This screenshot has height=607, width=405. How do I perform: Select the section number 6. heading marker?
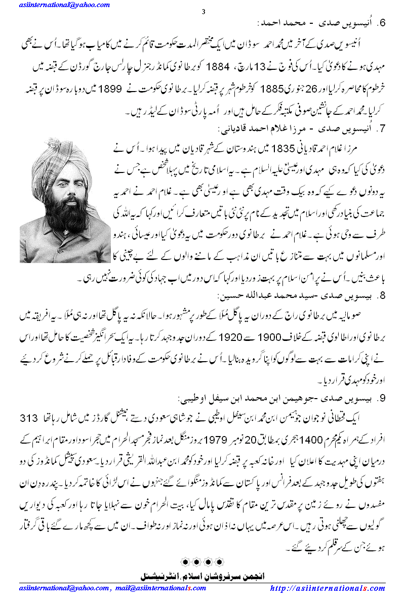tap(384, 23)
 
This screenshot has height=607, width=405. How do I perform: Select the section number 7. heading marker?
tap(384, 129)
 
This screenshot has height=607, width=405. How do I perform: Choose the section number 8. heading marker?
tap(384, 294)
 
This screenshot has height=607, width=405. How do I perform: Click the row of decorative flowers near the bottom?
tap(202, 563)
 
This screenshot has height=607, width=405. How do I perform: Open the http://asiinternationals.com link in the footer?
tap(328, 588)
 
